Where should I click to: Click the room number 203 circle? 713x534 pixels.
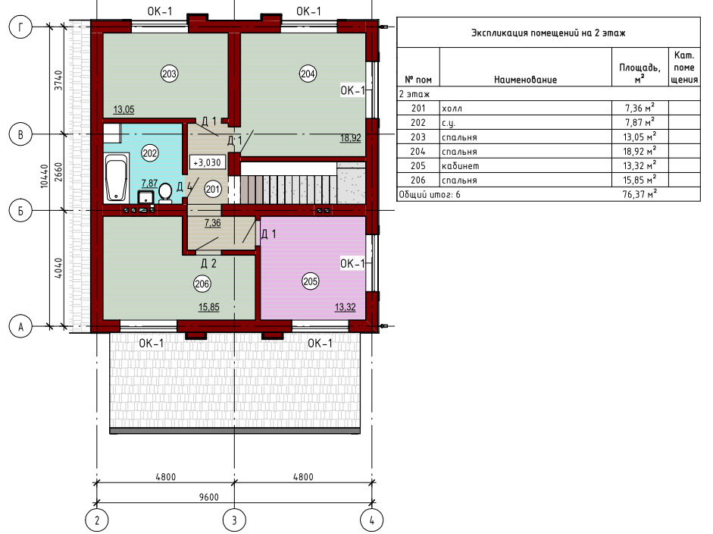pyautogui.click(x=169, y=74)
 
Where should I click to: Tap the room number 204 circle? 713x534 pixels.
pyautogui.click(x=308, y=74)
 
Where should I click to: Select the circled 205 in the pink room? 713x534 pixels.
pyautogui.click(x=310, y=281)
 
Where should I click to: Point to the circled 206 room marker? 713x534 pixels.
pyautogui.click(x=202, y=284)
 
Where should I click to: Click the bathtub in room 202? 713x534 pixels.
pyautogui.click(x=117, y=178)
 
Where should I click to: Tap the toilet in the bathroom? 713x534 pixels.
pyautogui.click(x=165, y=193)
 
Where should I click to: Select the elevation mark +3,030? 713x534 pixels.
pyautogui.click(x=207, y=162)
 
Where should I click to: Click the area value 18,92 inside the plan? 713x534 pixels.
pyautogui.click(x=351, y=137)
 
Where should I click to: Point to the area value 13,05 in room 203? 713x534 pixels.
pyautogui.click(x=124, y=109)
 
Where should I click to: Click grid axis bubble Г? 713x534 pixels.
pyautogui.click(x=20, y=27)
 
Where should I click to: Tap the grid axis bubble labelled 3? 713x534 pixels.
pyautogui.click(x=235, y=520)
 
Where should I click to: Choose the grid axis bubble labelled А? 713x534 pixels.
pyautogui.click(x=20, y=326)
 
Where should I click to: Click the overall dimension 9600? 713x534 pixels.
pyautogui.click(x=208, y=497)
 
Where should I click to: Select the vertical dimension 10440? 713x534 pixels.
pyautogui.click(x=44, y=176)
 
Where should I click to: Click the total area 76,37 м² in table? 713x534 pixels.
pyautogui.click(x=640, y=194)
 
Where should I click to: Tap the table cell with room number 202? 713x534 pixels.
pyautogui.click(x=418, y=122)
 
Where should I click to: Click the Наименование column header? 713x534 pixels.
pyautogui.click(x=525, y=80)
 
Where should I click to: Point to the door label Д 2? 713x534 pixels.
pyautogui.click(x=208, y=263)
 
